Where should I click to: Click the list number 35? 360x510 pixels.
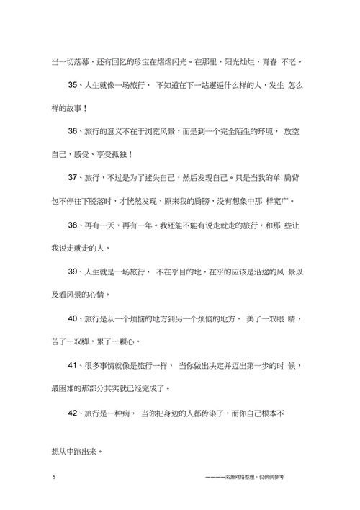[73, 86]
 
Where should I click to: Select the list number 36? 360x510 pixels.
[73, 132]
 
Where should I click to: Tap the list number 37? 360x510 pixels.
[73, 177]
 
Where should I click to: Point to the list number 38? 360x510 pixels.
[73, 225]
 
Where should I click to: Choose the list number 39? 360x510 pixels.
[73, 272]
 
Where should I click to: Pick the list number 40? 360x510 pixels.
[73, 318]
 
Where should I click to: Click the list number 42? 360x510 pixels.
[73, 413]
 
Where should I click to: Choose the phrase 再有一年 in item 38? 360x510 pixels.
[140, 225]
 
